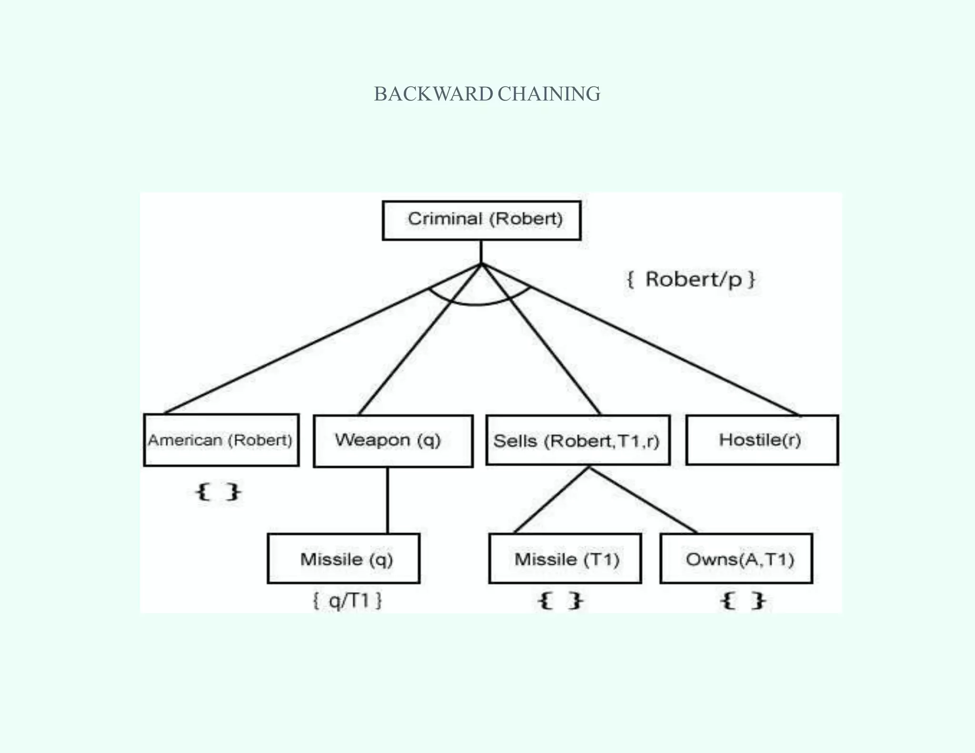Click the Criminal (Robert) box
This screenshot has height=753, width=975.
481,220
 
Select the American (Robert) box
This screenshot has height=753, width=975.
221,440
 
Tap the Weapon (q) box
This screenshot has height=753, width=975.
393,441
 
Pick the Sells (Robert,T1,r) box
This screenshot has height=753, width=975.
577,440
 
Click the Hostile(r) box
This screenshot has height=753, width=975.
762,440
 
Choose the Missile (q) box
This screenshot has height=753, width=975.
343,558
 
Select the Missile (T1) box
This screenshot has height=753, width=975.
565,558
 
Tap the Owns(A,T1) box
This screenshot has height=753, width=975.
736,558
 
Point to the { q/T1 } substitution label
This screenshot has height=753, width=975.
347,601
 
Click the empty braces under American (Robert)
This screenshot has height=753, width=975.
218,492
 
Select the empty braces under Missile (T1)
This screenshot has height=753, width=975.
560,601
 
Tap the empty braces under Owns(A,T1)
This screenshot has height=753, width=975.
743,601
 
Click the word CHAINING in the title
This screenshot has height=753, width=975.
549,94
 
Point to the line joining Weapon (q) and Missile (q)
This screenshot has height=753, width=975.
387,500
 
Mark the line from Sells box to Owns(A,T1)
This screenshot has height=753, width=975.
643,500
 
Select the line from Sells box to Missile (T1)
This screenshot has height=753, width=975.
552,500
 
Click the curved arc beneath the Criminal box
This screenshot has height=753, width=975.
476,304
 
